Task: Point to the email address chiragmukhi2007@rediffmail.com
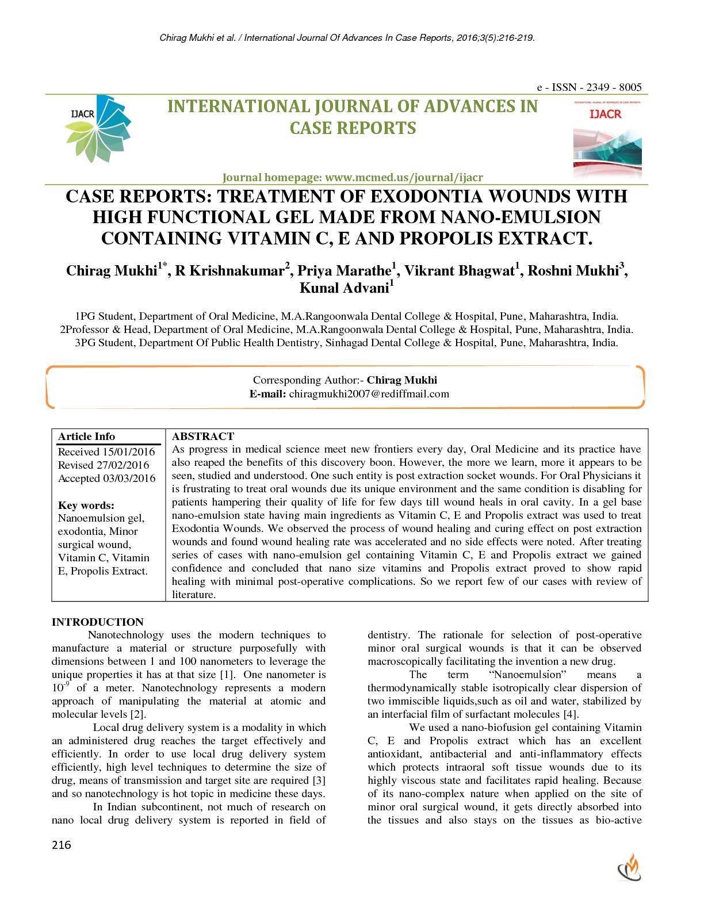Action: (x=369, y=394)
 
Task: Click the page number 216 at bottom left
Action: (x=62, y=845)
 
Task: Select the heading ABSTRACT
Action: (x=203, y=437)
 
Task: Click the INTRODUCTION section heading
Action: (x=98, y=622)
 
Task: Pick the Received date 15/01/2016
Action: (x=129, y=452)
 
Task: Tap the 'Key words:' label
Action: (x=86, y=505)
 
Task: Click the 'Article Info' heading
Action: (x=86, y=437)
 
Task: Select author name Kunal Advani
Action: (x=344, y=288)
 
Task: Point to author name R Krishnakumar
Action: (x=230, y=271)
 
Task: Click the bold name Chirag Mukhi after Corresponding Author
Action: (x=402, y=380)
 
